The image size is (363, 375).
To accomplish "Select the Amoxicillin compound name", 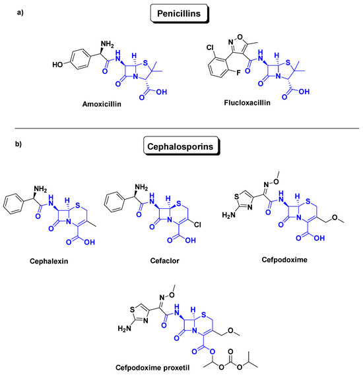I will [x=106, y=104].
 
